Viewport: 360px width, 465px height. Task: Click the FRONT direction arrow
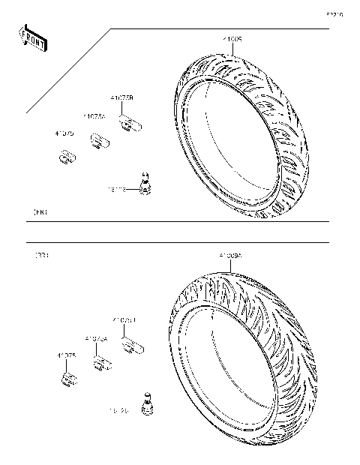32,38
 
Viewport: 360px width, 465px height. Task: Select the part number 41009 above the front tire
232,37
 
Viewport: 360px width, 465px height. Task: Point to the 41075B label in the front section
121,97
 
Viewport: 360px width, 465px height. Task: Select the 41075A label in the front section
94,116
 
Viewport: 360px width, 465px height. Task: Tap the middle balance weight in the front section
99,140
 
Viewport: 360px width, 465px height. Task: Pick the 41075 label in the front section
64,133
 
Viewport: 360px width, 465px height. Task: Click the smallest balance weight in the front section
67,157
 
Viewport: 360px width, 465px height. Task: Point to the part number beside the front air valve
118,190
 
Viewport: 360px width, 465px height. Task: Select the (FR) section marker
40,213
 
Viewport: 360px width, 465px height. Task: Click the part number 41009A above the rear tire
230,256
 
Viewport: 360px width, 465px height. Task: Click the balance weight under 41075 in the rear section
68,380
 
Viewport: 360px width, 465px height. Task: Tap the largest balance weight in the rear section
132,345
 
